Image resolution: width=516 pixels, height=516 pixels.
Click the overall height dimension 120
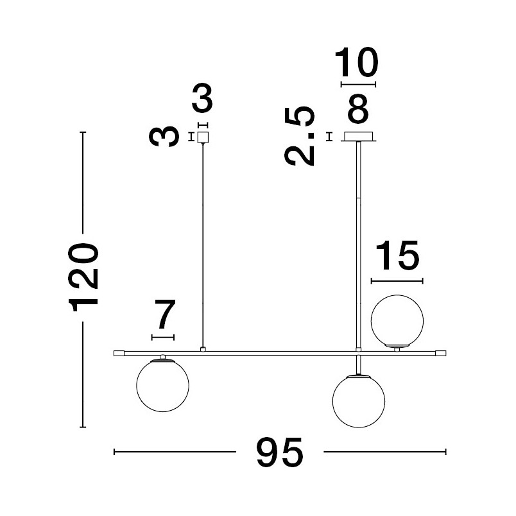point(83,277)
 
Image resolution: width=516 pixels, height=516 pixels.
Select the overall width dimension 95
point(280,452)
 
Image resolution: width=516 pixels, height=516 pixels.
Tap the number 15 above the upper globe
point(397,255)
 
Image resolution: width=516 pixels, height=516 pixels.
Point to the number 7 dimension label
point(165,314)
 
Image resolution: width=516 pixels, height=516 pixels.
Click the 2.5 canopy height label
point(300,136)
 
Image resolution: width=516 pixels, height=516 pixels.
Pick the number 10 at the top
point(357,62)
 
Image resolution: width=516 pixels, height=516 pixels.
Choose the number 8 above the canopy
point(358,108)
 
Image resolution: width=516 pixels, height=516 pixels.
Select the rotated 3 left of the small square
point(164,136)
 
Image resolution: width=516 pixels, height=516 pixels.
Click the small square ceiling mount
point(203,137)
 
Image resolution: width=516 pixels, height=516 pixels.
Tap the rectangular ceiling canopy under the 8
point(358,137)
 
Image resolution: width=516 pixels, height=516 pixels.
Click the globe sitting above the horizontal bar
point(397,321)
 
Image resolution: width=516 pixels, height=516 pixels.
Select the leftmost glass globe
point(162,385)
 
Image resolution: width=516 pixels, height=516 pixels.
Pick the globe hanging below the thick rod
point(359,401)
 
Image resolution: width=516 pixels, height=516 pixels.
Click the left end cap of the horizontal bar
point(119,354)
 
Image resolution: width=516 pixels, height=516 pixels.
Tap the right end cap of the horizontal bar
point(441,354)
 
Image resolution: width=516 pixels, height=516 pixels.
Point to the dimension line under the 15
point(397,281)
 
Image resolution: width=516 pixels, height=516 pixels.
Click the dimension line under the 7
point(163,338)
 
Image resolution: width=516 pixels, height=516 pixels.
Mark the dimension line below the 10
point(358,85)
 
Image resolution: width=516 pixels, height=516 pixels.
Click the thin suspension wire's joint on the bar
point(203,350)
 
